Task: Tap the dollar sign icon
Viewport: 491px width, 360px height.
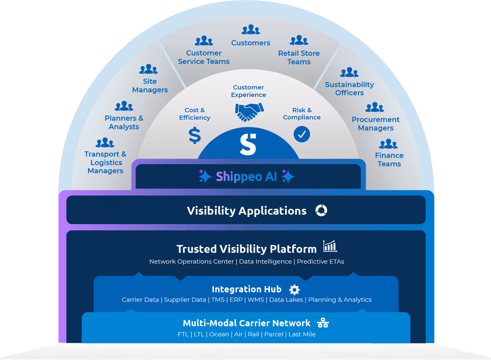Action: click(x=195, y=135)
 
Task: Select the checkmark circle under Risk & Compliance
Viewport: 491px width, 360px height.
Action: click(x=302, y=134)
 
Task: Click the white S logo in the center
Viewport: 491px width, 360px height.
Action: click(x=248, y=144)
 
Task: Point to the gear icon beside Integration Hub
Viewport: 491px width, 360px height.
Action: click(x=294, y=290)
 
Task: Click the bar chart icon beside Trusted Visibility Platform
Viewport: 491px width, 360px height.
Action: click(x=330, y=246)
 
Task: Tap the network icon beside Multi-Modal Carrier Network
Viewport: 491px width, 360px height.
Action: click(x=323, y=323)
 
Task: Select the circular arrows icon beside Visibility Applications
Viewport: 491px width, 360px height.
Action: click(x=321, y=211)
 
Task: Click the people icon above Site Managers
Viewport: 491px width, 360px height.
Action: click(x=148, y=69)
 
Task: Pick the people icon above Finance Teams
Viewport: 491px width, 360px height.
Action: click(x=388, y=144)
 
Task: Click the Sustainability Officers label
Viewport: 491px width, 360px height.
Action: click(x=349, y=89)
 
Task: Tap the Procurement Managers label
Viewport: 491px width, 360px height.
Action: click(x=376, y=124)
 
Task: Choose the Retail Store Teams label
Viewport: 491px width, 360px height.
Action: click(x=299, y=57)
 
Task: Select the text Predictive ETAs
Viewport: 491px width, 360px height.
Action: click(x=320, y=262)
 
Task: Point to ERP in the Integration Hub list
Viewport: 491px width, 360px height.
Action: click(x=236, y=300)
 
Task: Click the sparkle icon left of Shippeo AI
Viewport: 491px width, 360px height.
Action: click(x=205, y=176)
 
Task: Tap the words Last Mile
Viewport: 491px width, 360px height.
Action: click(x=302, y=334)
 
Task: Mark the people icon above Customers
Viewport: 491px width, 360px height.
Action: click(x=251, y=30)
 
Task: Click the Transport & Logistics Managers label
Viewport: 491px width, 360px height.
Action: click(x=105, y=162)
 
